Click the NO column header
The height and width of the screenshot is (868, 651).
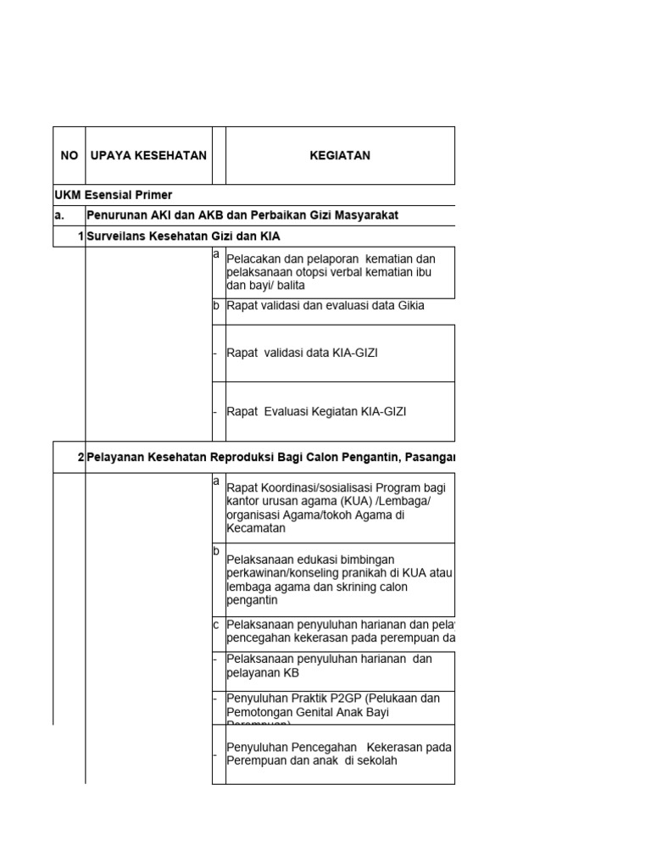(x=70, y=156)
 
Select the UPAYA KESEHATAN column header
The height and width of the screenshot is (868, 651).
(x=148, y=156)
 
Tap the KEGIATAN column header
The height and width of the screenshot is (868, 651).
(x=339, y=156)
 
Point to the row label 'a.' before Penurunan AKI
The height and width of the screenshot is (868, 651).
(x=59, y=215)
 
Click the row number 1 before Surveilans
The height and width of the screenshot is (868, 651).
(x=81, y=236)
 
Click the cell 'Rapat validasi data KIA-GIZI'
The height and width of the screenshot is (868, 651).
(x=302, y=353)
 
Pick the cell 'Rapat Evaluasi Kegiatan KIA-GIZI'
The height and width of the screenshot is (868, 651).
(x=316, y=411)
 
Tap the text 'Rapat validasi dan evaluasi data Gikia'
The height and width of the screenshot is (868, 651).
(x=325, y=306)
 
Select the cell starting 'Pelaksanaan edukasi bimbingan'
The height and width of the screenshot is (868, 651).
(x=339, y=580)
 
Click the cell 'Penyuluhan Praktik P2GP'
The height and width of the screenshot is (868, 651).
(x=333, y=706)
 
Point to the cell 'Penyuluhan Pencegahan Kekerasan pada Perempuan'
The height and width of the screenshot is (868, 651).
(x=337, y=754)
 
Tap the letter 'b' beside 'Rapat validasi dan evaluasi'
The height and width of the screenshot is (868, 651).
(x=216, y=306)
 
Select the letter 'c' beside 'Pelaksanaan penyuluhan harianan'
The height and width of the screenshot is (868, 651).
(x=216, y=625)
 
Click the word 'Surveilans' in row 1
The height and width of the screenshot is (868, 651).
(x=116, y=236)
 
